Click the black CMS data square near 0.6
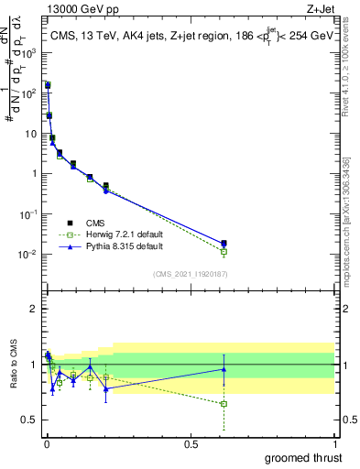[x=224, y=243]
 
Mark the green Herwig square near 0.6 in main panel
[x=224, y=251]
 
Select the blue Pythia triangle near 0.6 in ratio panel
[x=224, y=369]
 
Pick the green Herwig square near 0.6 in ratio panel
[x=224, y=403]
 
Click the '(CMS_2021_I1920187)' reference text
[x=191, y=273]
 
